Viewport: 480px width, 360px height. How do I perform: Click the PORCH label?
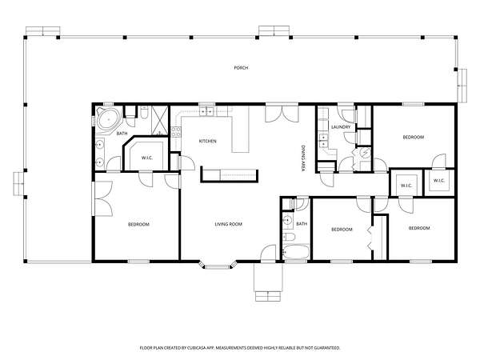click(x=241, y=68)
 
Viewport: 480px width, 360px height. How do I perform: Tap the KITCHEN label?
click(x=208, y=141)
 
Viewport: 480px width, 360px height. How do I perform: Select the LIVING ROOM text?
click(x=228, y=224)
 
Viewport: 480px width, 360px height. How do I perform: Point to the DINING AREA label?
click(x=303, y=158)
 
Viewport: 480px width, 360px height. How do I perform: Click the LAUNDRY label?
click(x=341, y=126)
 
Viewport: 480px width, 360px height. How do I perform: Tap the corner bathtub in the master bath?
click(x=109, y=120)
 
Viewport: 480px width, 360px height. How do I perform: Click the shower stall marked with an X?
click(x=159, y=121)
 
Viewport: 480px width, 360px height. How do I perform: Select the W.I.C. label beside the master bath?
click(x=147, y=158)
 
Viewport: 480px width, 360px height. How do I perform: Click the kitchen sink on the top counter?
click(x=206, y=112)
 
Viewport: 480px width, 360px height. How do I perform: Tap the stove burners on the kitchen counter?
click(x=175, y=133)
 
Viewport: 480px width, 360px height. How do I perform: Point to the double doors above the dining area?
click(x=282, y=114)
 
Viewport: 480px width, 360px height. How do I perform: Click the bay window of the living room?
click(x=218, y=265)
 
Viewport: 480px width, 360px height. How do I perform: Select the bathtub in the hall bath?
click(x=296, y=252)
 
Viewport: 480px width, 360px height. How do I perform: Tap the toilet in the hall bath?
click(x=289, y=237)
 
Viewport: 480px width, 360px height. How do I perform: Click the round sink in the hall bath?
click(x=287, y=220)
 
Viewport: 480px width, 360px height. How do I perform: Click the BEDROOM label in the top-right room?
click(x=414, y=137)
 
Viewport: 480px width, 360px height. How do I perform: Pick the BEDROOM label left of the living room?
click(x=138, y=224)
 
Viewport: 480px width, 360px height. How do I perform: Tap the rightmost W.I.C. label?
click(x=438, y=181)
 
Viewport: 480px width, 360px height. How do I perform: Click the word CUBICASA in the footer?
click(x=196, y=348)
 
